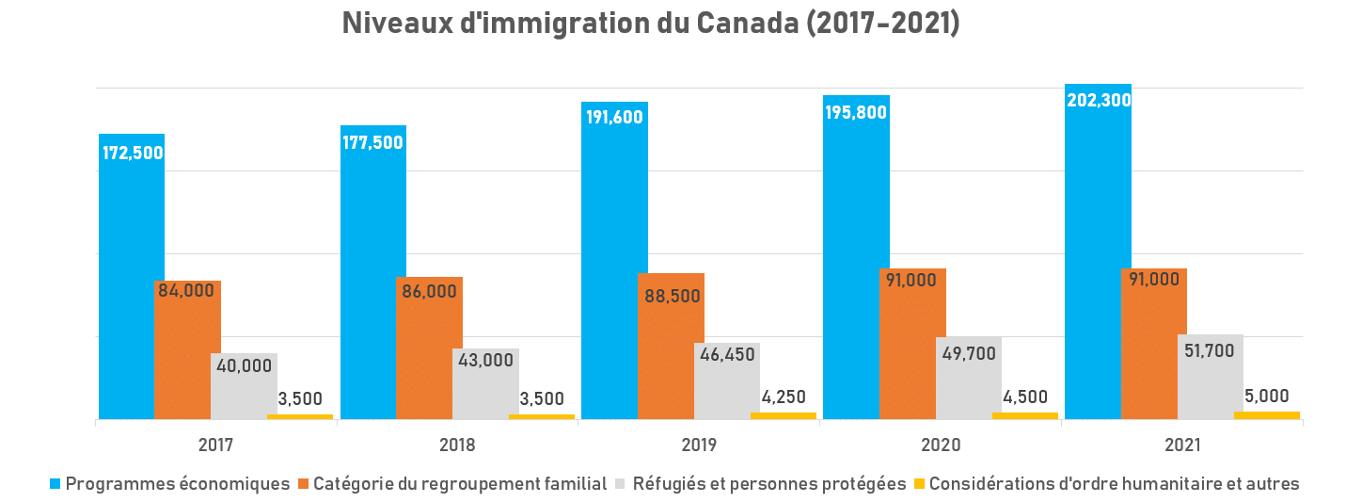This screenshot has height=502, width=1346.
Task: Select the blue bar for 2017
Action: [132, 283]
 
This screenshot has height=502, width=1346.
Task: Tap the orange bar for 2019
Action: [671, 358]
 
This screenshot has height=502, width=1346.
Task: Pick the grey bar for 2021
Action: [1210, 386]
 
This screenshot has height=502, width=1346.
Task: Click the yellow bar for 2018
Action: [542, 415]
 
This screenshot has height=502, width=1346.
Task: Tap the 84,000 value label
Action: [186, 290]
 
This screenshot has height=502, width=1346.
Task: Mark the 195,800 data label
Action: [855, 112]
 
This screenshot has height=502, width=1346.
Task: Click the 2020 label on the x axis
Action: [942, 445]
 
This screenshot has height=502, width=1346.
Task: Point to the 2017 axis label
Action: [216, 445]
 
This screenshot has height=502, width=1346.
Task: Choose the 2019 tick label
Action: [700, 445]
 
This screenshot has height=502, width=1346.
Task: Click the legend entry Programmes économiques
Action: [177, 484]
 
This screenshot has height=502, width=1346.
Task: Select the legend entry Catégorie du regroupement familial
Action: [459, 484]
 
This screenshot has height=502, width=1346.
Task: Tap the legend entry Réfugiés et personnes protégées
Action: [768, 484]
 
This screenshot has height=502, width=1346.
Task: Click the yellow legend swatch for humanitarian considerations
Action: [921, 484]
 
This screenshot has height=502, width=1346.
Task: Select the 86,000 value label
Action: [428, 292]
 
